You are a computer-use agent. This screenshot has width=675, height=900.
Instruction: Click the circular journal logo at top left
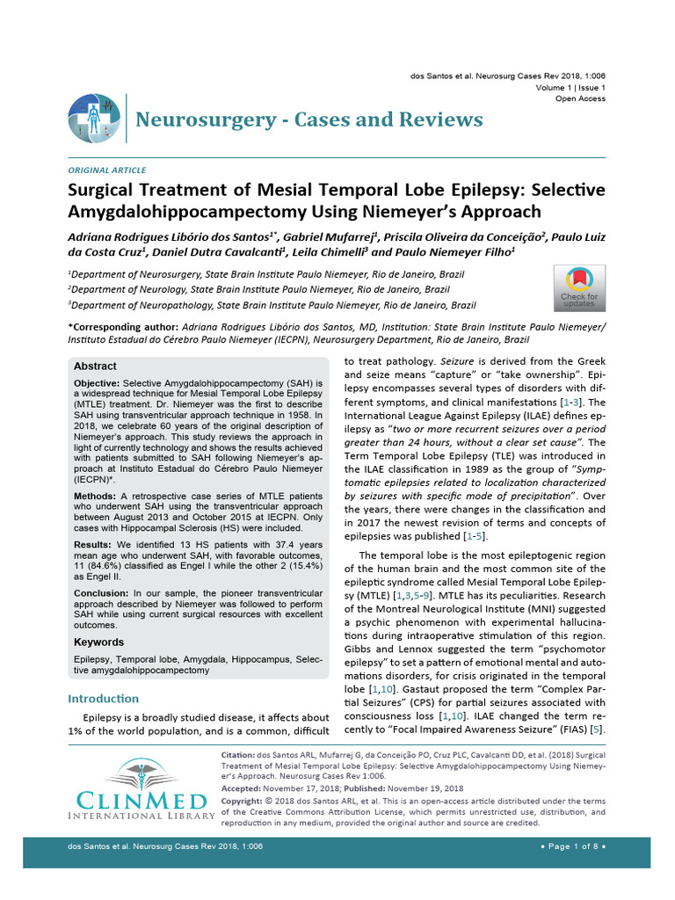coord(94,118)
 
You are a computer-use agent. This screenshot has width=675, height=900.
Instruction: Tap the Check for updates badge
coord(578,288)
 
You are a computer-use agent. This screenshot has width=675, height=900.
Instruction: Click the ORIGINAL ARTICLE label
coord(107,170)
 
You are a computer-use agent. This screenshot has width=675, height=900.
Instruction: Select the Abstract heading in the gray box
coord(95,366)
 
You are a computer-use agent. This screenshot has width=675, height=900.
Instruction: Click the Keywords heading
coord(98,642)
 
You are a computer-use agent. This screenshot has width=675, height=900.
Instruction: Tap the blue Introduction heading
coord(103,699)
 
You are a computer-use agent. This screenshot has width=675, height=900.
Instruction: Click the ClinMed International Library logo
coord(141,789)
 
